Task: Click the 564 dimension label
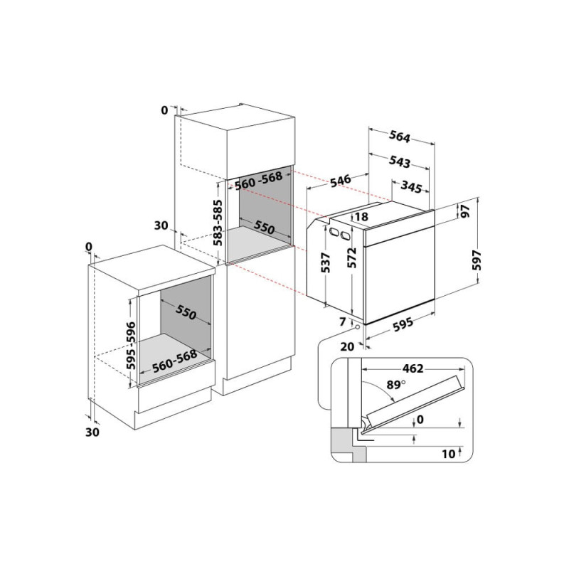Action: tap(399, 137)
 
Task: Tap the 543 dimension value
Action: tap(400, 162)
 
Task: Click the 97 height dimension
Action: tap(466, 211)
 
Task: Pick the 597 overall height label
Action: tap(477, 260)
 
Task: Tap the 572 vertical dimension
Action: tap(351, 257)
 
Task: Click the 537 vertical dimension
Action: tap(326, 262)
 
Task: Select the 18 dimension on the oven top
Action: tap(362, 217)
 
